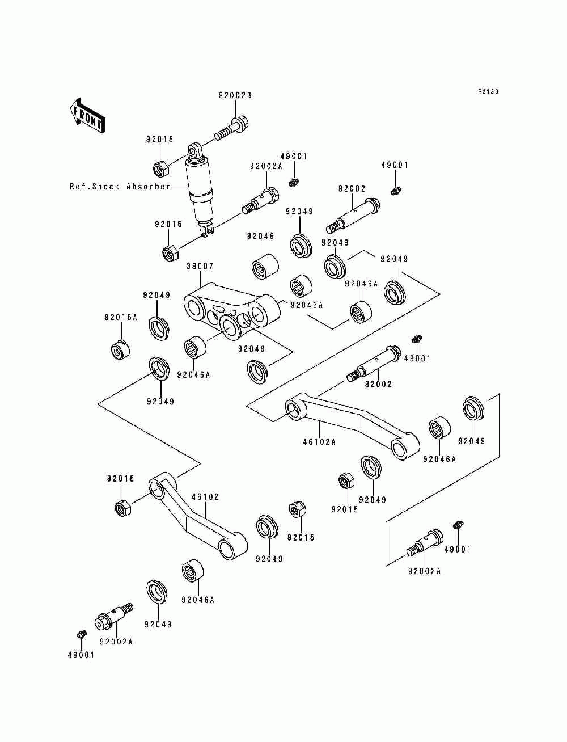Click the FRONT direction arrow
87,116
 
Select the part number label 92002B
235,96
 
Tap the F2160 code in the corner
488,91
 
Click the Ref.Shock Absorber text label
120,187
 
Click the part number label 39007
200,267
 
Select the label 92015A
121,317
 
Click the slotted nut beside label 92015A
121,349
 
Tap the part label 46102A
319,441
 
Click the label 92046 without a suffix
260,236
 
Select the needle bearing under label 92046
265,267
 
